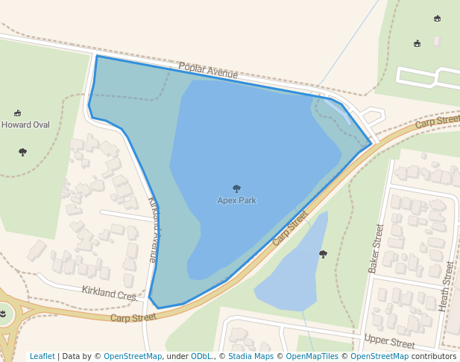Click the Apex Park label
coord(236,200)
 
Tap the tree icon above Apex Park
coord(237,188)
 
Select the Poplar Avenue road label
coord(208,71)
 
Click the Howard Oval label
coord(25,125)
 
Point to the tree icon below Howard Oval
coord(22,152)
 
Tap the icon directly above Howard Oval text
coord(17,113)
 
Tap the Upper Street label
coord(389,342)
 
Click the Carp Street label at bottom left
coord(133,318)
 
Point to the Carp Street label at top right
coord(438,121)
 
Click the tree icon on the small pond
coord(323,254)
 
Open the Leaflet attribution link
coord(42,356)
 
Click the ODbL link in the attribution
coord(201,356)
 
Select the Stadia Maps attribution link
coord(251,356)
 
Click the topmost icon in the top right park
coord(437,19)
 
